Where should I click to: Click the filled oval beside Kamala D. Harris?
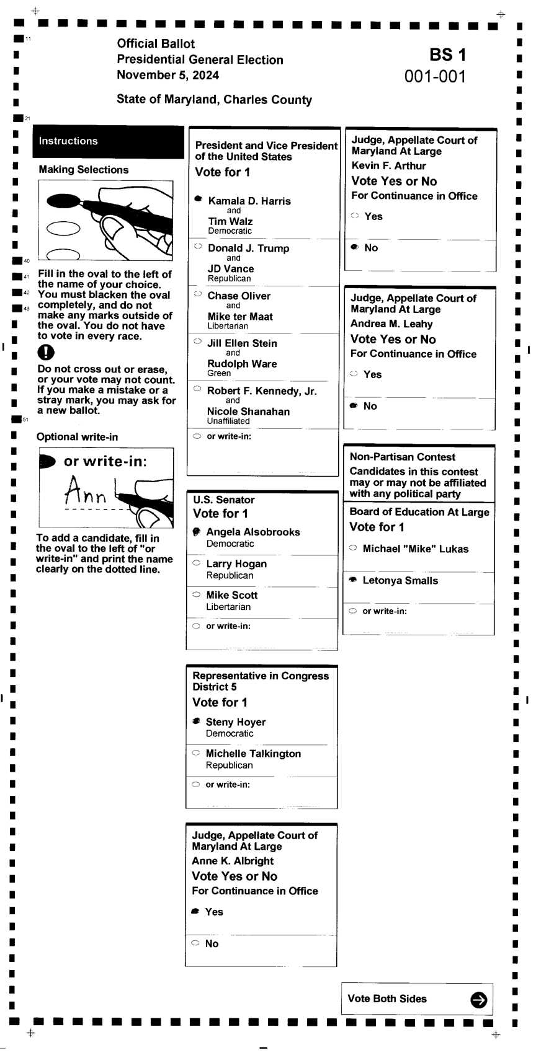pyautogui.click(x=199, y=199)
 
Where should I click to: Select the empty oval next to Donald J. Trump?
pyautogui.click(x=198, y=246)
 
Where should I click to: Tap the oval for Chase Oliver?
pyautogui.click(x=198, y=294)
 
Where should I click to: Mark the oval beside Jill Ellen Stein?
pyautogui.click(x=198, y=341)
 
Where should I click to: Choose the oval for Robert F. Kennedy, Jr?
pyautogui.click(x=197, y=389)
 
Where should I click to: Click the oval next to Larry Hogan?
pyautogui.click(x=196, y=563)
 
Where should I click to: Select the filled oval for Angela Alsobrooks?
pyautogui.click(x=196, y=531)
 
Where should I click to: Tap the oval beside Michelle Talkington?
pyautogui.click(x=195, y=752)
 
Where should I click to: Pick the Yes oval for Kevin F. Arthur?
pyautogui.click(x=355, y=216)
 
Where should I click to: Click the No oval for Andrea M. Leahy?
pyautogui.click(x=354, y=405)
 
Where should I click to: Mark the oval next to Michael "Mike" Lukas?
pyautogui.click(x=353, y=548)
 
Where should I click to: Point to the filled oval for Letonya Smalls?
pyautogui.click(x=353, y=580)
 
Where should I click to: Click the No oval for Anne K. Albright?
pyautogui.click(x=195, y=943)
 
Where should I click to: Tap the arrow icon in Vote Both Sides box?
pyautogui.click(x=478, y=999)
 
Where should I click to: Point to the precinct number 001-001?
pyautogui.click(x=435, y=76)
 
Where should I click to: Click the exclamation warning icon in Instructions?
pyautogui.click(x=46, y=352)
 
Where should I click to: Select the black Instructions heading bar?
pyautogui.click(x=108, y=141)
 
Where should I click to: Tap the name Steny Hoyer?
pyautogui.click(x=236, y=722)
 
